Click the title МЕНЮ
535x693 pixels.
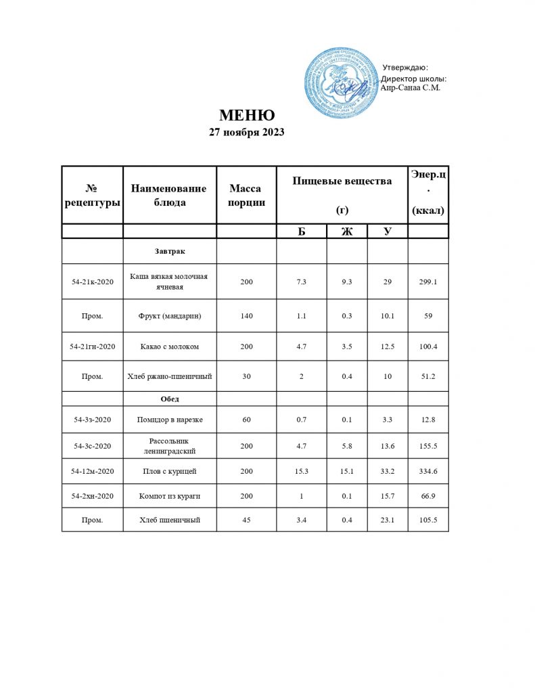point(246,115)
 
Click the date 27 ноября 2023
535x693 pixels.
point(246,133)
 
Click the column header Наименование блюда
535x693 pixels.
point(169,195)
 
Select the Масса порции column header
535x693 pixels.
point(246,195)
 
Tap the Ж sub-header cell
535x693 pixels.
point(347,231)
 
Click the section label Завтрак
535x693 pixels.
point(170,251)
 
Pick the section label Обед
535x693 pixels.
point(170,398)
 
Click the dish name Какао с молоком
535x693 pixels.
point(170,346)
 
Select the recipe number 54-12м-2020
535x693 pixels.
point(93,470)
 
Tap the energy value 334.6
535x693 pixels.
point(428,470)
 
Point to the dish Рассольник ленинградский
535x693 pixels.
point(170,445)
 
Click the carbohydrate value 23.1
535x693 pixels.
point(388,519)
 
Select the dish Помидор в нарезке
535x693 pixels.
point(170,420)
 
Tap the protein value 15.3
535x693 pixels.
point(302,470)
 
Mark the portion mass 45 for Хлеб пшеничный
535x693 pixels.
point(246,519)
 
